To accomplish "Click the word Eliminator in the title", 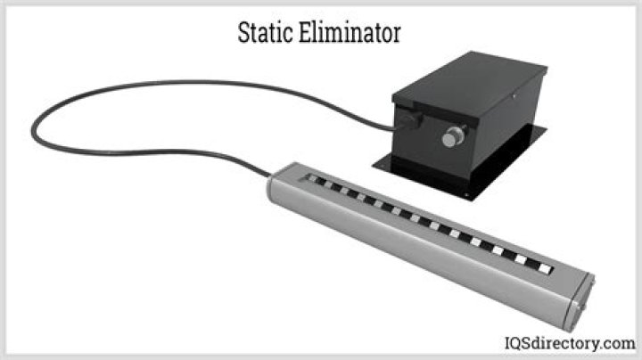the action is pyautogui.click(x=350, y=32).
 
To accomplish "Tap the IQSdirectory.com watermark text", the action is pyautogui.click(x=570, y=343).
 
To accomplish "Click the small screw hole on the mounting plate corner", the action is pyautogui.click(x=466, y=195).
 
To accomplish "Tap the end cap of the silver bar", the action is pyautogui.click(x=580, y=302).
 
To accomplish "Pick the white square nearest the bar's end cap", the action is pyautogui.click(x=545, y=269).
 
